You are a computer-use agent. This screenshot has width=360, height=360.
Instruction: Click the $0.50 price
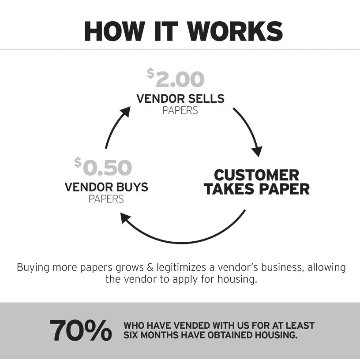pyautogui.click(x=103, y=167)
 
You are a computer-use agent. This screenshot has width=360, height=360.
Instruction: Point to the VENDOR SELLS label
pyautogui.click(x=180, y=98)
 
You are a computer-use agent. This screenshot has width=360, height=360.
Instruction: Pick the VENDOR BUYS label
pyautogui.click(x=106, y=187)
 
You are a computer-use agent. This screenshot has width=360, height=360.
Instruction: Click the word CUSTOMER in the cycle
pyautogui.click(x=256, y=175)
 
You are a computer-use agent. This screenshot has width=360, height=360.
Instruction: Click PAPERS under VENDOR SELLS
pyautogui.click(x=180, y=110)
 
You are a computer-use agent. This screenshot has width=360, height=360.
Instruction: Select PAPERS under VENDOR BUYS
pyautogui.click(x=106, y=199)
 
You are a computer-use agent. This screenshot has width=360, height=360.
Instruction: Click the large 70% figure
pyautogui.click(x=80, y=330)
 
